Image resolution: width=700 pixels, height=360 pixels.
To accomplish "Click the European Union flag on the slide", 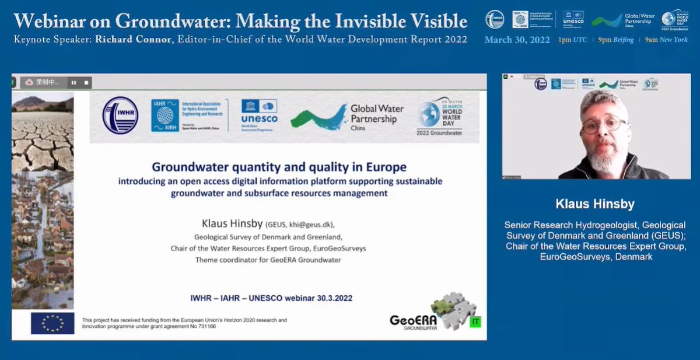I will (x=52, y=323).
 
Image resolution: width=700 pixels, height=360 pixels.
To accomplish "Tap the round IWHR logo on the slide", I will (x=120, y=116).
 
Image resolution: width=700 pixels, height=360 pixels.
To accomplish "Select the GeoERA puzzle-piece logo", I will (x=453, y=310).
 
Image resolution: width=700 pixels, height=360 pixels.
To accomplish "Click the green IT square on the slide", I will (x=474, y=321).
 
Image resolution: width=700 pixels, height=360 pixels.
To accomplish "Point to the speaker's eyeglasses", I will (x=604, y=125).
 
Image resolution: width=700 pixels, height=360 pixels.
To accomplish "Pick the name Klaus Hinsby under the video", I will (x=596, y=204).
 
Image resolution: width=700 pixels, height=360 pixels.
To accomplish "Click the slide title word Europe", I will (x=383, y=168).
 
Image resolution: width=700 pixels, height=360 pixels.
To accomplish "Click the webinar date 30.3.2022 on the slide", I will (x=330, y=298).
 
